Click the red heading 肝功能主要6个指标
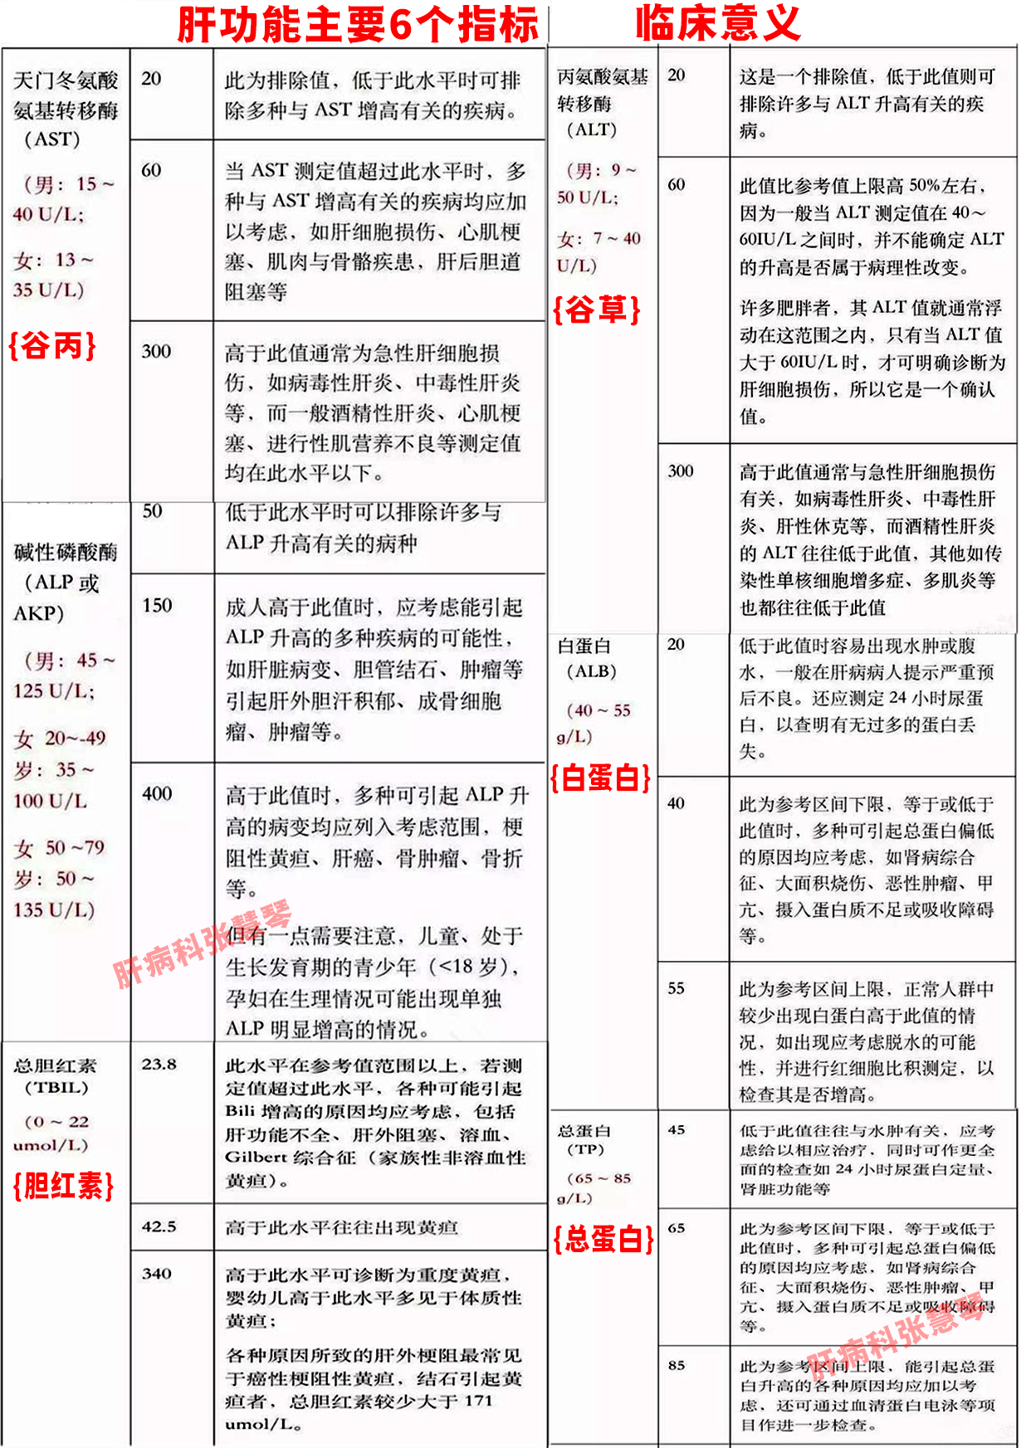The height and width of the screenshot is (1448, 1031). (358, 25)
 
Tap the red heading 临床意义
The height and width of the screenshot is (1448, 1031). (718, 23)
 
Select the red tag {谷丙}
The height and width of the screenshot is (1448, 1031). (52, 344)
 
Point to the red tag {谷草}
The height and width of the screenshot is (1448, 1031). (597, 310)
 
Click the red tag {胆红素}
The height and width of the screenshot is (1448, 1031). (63, 1185)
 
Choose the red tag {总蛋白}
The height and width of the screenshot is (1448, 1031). (603, 1239)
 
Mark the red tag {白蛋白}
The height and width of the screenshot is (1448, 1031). (601, 778)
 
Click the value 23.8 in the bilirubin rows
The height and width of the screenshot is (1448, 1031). (159, 1064)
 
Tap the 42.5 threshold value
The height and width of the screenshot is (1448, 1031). (159, 1226)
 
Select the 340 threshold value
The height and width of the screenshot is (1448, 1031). (156, 1273)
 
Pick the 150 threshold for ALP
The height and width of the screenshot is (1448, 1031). (157, 606)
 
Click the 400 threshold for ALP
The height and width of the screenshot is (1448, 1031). (157, 793)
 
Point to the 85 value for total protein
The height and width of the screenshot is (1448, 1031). (677, 1365)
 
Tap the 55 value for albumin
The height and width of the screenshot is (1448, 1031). (677, 988)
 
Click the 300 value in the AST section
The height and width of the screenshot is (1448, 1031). (156, 351)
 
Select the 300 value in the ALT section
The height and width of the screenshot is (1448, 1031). (680, 471)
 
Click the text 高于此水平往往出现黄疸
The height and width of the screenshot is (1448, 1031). (341, 1227)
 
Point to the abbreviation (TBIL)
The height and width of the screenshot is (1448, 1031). (56, 1087)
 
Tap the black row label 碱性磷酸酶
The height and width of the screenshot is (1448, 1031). (66, 552)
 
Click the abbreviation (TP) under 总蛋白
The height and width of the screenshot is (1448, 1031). (586, 1149)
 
